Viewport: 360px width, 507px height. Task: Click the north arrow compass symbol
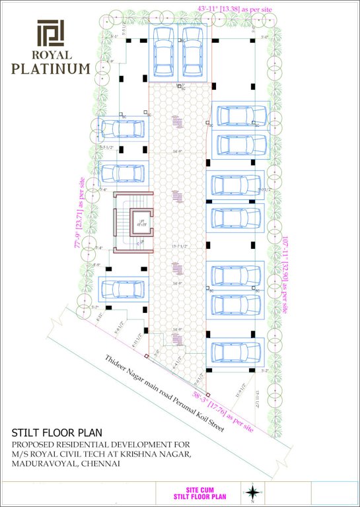tap(252, 492)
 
